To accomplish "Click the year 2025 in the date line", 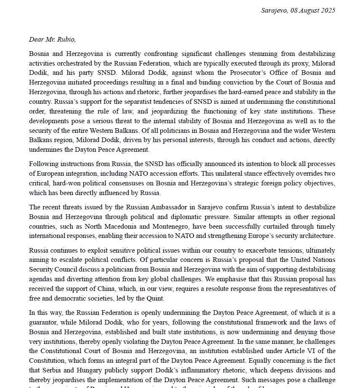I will tap(327, 11).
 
